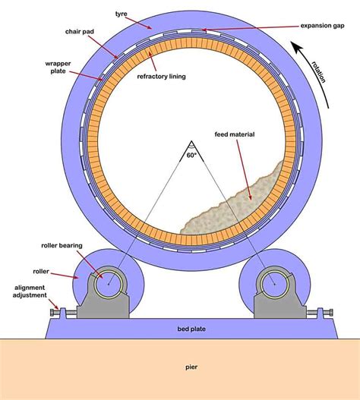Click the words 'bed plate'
[188, 328]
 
